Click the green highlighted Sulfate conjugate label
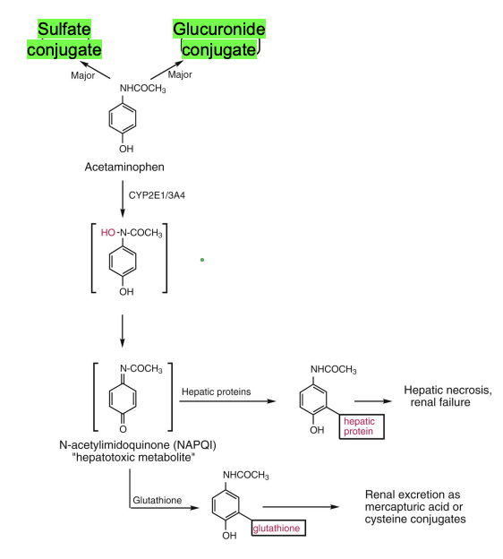[x=64, y=39]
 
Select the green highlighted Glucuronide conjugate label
[x=219, y=39]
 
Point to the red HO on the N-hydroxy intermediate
[x=108, y=233]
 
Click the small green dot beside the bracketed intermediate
[x=203, y=260]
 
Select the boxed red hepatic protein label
[x=361, y=426]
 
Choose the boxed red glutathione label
[x=280, y=529]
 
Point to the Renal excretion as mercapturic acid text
[x=419, y=507]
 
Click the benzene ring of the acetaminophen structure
[x=126, y=117]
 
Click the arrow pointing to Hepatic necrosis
[x=373, y=402]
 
